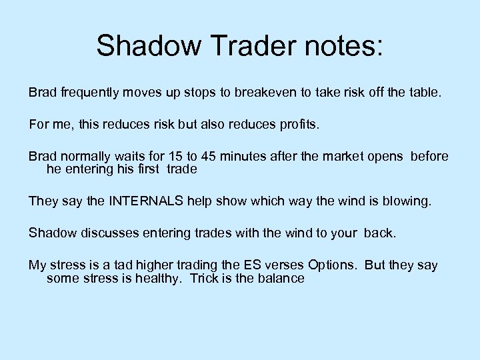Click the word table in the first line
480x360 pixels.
[x=424, y=93]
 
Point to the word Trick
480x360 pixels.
[x=206, y=278]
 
